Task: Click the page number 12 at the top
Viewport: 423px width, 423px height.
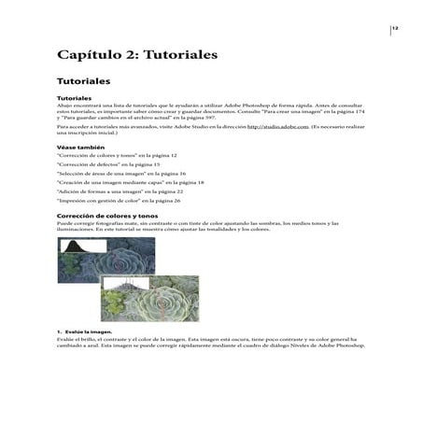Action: pos(395,28)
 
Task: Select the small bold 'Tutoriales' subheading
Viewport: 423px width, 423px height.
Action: pos(74,97)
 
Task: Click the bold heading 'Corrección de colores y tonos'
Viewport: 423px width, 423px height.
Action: pos(108,216)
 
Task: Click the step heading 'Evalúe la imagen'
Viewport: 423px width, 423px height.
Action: pos(88,331)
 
